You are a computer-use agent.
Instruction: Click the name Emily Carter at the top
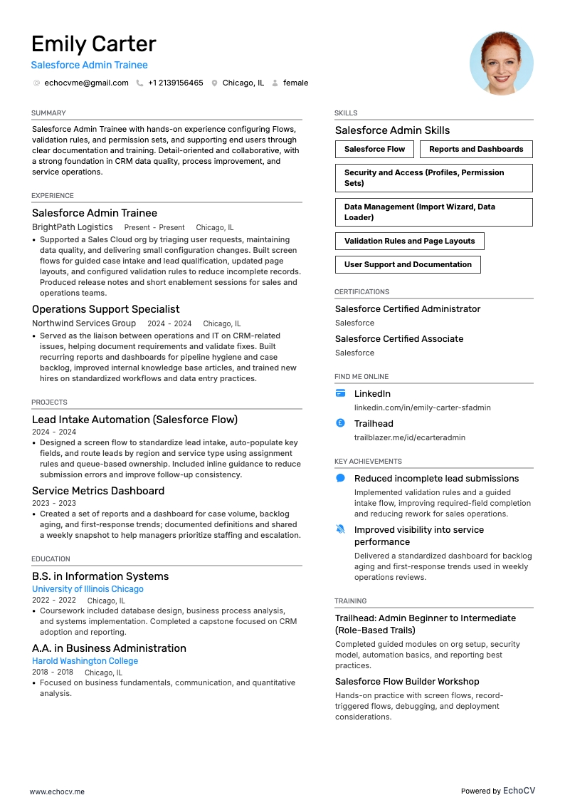click(94, 44)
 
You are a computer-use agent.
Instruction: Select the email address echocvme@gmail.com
click(86, 83)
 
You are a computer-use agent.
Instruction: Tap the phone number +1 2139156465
click(175, 83)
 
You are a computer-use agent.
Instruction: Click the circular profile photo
click(501, 63)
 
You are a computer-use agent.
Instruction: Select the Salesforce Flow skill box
click(374, 149)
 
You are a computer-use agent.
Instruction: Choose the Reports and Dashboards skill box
click(476, 149)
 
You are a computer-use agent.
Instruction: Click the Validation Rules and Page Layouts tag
click(409, 241)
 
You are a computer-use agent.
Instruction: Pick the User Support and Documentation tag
click(408, 264)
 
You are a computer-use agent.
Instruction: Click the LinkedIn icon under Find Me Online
click(340, 393)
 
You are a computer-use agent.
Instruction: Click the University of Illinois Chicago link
click(88, 589)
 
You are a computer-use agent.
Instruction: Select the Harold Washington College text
click(85, 661)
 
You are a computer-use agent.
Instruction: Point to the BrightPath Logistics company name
click(73, 227)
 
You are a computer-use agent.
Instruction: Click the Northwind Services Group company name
click(84, 323)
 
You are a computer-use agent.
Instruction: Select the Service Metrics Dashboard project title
click(98, 491)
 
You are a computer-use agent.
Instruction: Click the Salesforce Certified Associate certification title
click(399, 339)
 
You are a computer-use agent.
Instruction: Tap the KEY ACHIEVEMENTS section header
click(368, 462)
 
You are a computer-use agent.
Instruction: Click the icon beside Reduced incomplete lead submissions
click(340, 479)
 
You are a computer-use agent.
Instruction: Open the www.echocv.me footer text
click(57, 791)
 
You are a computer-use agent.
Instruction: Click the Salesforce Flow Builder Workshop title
click(407, 682)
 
